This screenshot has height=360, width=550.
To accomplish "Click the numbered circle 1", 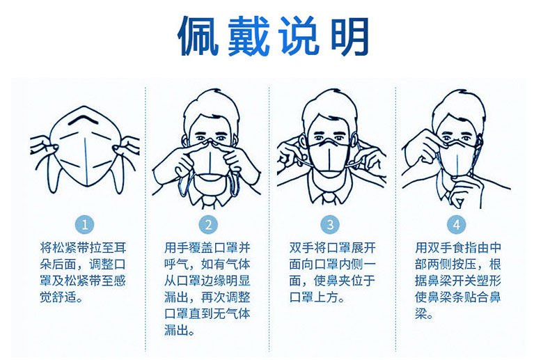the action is (x=84, y=224).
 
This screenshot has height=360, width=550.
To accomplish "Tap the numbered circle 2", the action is (x=208, y=224).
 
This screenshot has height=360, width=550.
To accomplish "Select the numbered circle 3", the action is (x=330, y=224).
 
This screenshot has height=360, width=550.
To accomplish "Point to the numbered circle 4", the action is (x=456, y=224).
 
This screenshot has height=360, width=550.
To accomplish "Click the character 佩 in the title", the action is (x=199, y=36).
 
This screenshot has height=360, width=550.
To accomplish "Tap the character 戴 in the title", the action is (x=249, y=36).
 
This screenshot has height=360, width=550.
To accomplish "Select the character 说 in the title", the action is (x=299, y=36).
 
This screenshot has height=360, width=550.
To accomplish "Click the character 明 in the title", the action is (x=349, y=36).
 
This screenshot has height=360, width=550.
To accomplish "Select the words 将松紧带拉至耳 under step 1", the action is (x=83, y=248).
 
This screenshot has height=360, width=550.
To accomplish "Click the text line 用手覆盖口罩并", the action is (x=207, y=248).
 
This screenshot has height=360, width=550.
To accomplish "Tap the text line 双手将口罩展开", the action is (x=332, y=248).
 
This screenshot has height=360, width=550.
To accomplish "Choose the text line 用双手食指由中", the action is (x=457, y=248).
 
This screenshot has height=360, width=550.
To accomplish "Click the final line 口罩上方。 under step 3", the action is (x=317, y=297).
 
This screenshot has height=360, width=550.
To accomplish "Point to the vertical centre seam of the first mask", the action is (x=86, y=161).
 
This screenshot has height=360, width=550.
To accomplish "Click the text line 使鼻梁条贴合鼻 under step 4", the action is (x=457, y=297).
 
